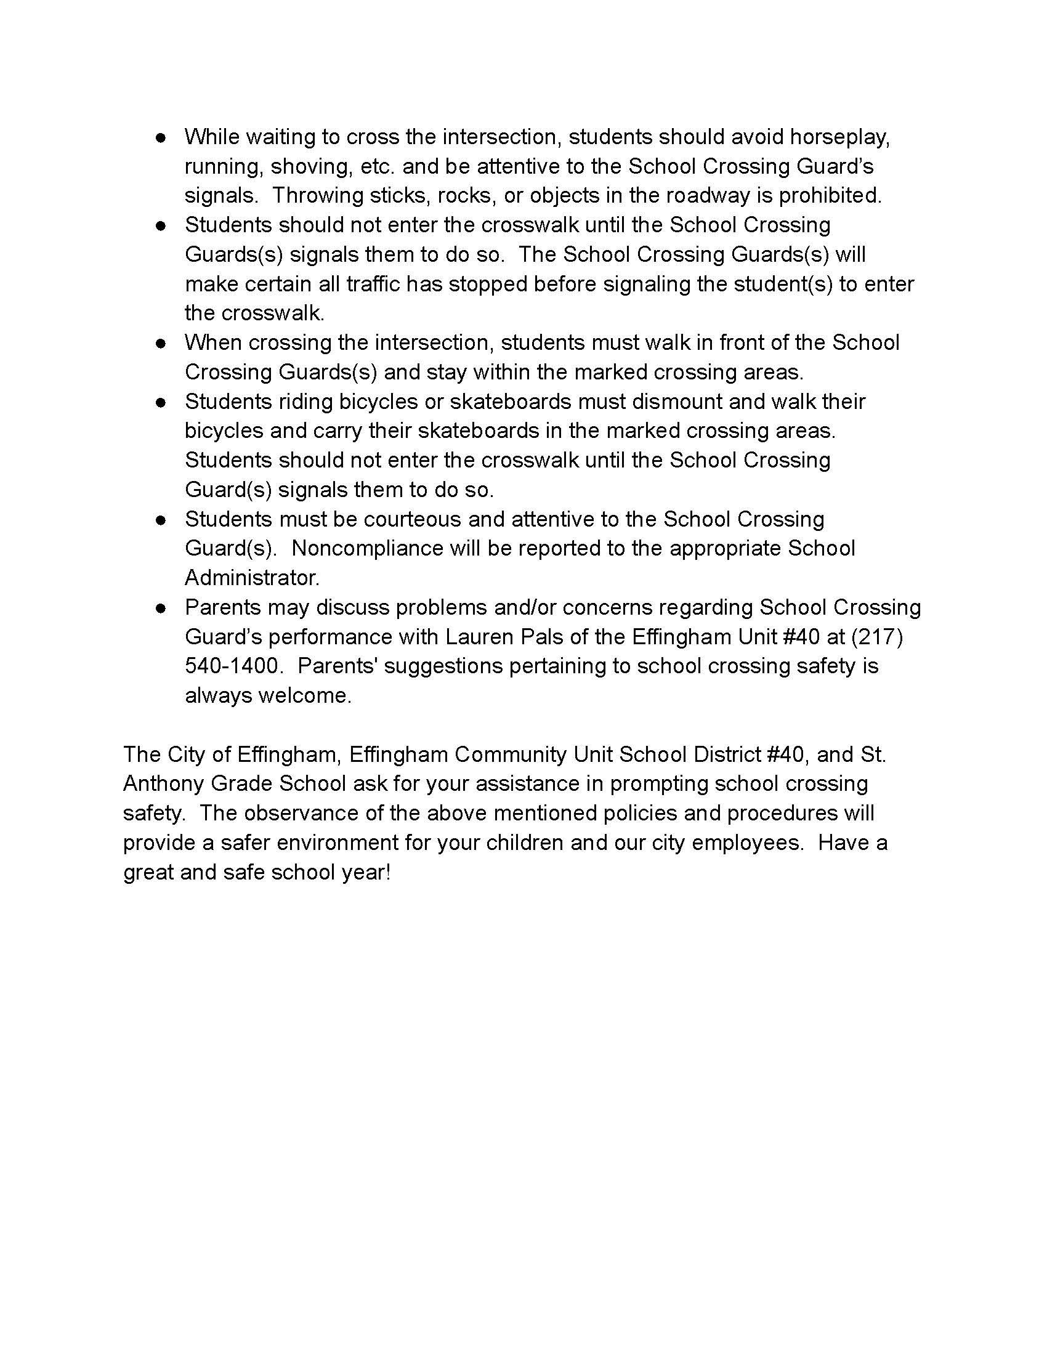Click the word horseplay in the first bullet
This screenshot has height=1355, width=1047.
coord(840,138)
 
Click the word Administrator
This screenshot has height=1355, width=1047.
coord(252,578)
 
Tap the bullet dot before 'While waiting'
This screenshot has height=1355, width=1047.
coord(161,138)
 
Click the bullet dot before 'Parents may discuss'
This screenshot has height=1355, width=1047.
coord(161,608)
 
